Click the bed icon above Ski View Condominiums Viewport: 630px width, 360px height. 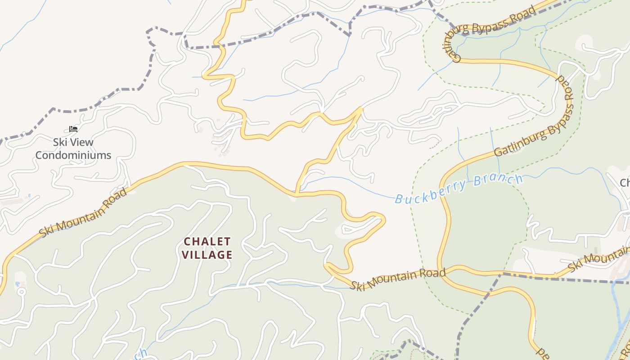[x=73, y=129]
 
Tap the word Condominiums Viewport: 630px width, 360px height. [x=73, y=155]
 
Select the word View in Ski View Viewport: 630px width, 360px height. [x=82, y=142]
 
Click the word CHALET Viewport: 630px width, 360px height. [x=207, y=242]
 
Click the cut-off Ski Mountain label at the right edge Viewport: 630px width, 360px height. [x=598, y=260]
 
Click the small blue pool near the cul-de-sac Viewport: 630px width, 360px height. [x=18, y=284]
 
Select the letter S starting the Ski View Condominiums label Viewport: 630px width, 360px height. [x=56, y=142]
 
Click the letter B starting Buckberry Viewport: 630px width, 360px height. [x=398, y=198]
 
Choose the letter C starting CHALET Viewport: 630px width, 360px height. [x=187, y=242]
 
